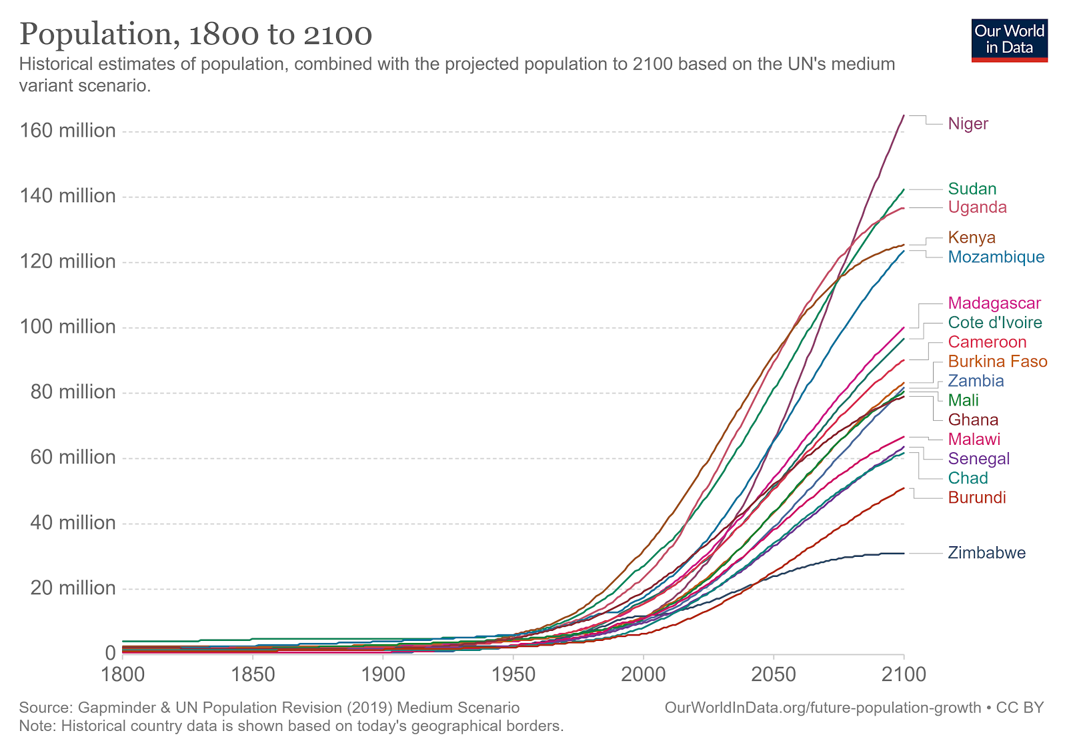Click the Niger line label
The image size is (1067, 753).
(x=968, y=124)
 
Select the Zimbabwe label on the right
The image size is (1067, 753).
(x=986, y=553)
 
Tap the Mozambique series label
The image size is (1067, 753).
(x=996, y=257)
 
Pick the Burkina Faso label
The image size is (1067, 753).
(x=997, y=361)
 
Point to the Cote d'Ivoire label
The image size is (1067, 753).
(x=994, y=323)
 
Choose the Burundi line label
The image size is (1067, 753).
(x=976, y=498)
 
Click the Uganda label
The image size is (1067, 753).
(x=977, y=207)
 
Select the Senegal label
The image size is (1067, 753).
(x=978, y=459)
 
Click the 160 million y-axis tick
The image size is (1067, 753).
(x=67, y=131)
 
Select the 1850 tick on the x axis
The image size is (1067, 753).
(x=253, y=675)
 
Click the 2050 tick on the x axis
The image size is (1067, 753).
(x=774, y=675)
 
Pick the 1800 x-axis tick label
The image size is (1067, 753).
(x=123, y=675)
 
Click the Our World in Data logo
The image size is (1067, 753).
(x=1009, y=40)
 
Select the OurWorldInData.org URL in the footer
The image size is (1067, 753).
(x=822, y=708)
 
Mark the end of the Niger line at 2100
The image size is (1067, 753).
(x=904, y=115)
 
